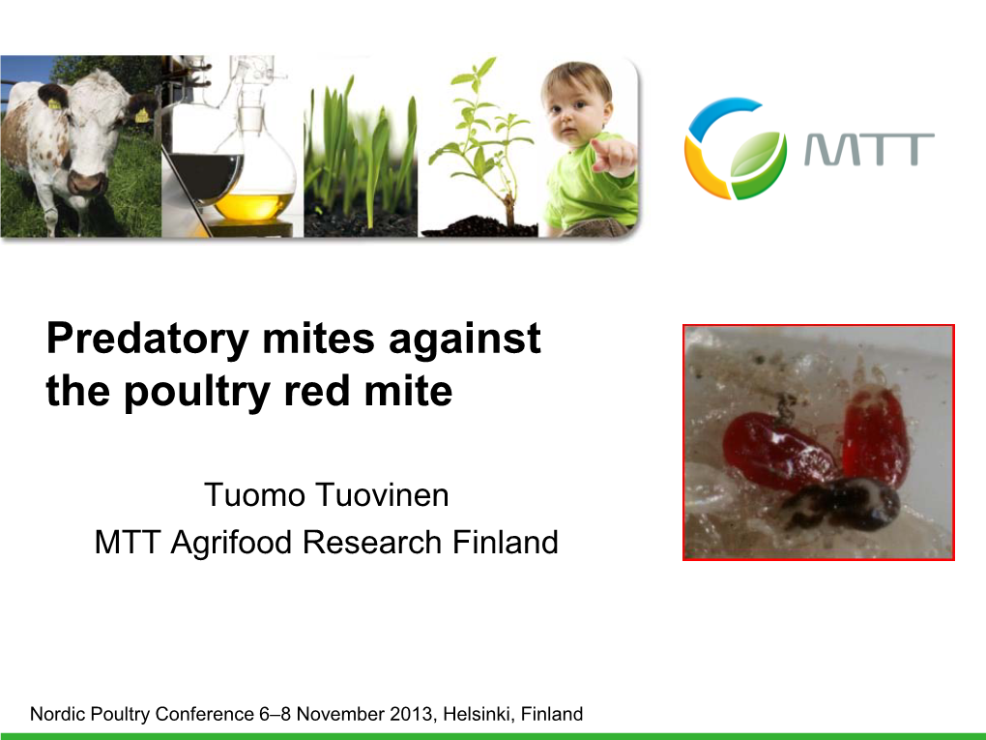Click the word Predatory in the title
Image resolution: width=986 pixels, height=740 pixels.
[x=148, y=340]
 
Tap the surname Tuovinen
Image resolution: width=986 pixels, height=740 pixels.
[x=386, y=494]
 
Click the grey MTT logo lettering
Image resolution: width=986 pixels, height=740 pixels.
[x=870, y=150]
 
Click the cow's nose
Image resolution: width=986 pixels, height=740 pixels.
[x=87, y=183]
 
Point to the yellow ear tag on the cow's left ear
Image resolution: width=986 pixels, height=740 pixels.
[x=142, y=115]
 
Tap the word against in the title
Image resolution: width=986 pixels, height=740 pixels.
[x=465, y=340]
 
